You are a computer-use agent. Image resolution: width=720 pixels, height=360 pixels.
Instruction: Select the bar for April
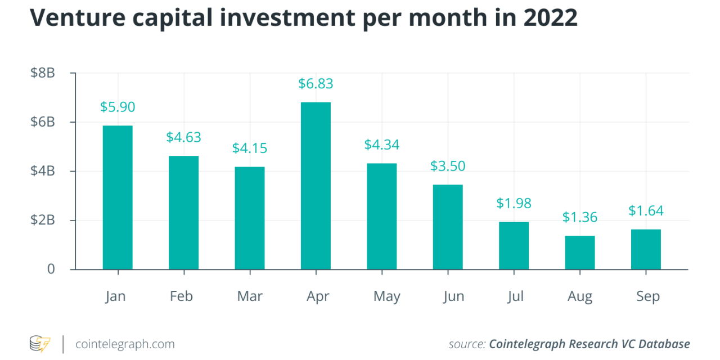(316, 186)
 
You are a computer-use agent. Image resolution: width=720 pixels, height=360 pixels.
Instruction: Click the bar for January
(118, 197)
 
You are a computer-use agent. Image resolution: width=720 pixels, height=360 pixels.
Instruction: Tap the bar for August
(580, 253)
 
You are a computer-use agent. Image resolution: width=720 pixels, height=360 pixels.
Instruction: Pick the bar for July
(514, 246)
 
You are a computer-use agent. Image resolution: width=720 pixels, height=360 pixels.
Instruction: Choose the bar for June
(448, 227)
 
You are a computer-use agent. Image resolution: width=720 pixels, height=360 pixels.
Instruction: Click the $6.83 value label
(316, 84)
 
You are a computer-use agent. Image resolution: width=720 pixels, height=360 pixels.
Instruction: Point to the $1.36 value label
(580, 217)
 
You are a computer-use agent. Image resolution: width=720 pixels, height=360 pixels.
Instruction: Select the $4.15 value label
(250, 148)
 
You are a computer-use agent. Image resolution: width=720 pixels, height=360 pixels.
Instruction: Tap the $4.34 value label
(382, 145)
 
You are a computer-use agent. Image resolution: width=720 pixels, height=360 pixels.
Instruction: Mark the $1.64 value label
(646, 211)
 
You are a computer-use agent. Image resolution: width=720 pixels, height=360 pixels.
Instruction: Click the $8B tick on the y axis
(43, 73)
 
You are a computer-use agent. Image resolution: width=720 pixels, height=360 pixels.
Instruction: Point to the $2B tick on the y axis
(43, 220)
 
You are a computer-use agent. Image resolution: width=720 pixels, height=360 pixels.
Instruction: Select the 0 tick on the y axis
(51, 269)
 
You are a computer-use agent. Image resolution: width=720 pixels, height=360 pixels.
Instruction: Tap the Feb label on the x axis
(181, 296)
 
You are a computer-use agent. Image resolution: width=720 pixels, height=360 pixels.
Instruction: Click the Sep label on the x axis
(647, 296)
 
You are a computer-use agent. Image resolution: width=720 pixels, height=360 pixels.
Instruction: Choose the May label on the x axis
(387, 296)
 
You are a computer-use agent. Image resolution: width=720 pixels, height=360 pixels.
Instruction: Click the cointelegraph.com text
(125, 344)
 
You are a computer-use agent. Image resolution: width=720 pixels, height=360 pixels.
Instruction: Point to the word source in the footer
(466, 344)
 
